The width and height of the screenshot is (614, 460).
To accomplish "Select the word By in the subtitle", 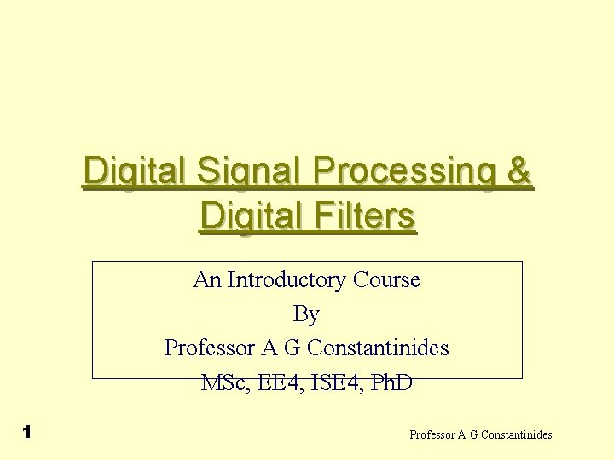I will [306, 314].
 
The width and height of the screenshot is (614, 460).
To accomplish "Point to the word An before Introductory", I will [207, 279].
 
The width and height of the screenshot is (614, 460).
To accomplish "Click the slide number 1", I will [27, 432].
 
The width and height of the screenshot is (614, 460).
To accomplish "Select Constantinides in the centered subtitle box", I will [378, 348].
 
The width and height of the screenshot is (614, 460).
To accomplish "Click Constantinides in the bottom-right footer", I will [517, 435].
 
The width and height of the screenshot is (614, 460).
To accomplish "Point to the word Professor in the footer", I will [433, 435].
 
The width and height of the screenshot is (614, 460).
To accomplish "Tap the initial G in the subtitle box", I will [290, 348].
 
